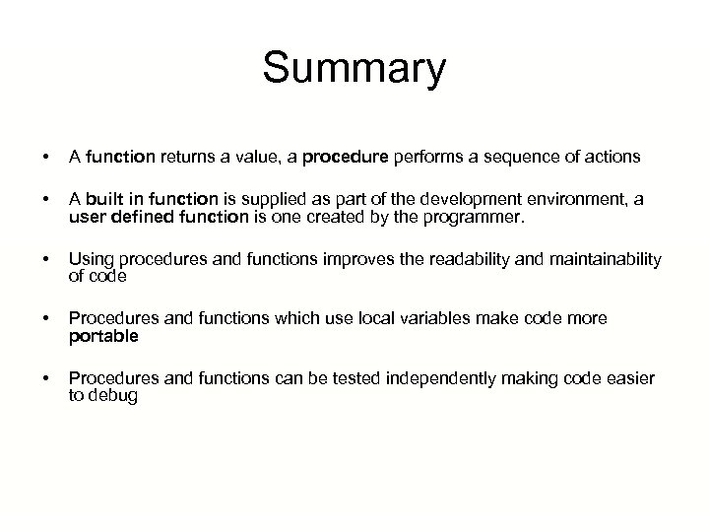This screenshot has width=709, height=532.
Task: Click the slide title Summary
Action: pos(354,70)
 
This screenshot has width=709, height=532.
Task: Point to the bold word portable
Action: pos(103,336)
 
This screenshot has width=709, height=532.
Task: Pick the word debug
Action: pos(112,396)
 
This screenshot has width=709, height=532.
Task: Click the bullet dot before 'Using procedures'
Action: pos(33,261)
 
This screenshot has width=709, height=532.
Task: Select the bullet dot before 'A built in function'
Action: pos(33,200)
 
